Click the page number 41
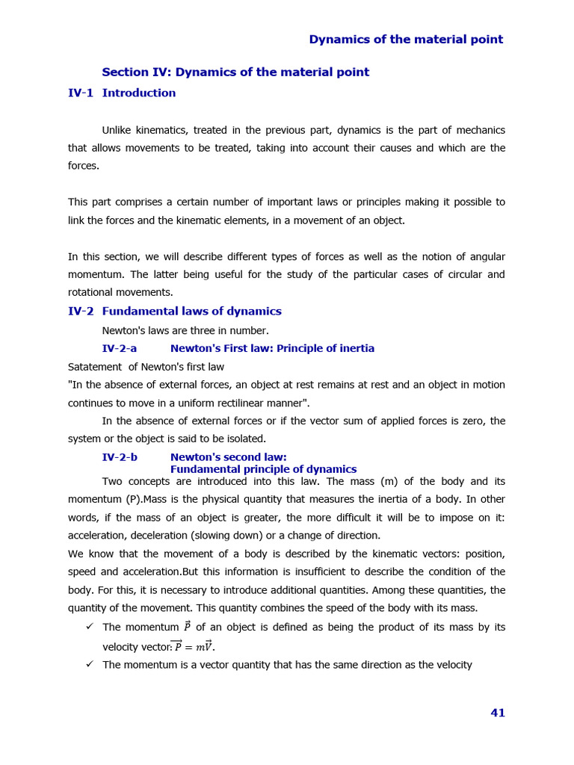498,713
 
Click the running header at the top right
406,40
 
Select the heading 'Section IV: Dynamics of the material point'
235,72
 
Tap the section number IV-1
81,93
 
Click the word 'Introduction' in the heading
139,93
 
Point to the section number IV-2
81,312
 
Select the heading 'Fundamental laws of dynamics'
191,312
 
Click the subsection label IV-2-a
120,349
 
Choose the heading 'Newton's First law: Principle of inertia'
272,349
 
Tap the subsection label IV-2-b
120,457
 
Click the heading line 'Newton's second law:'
228,457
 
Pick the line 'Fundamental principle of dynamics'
263,469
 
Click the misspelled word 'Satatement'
94,367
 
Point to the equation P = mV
193,646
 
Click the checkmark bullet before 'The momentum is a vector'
89,663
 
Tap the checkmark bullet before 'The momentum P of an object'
89,626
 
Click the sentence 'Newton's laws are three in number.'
185,330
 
